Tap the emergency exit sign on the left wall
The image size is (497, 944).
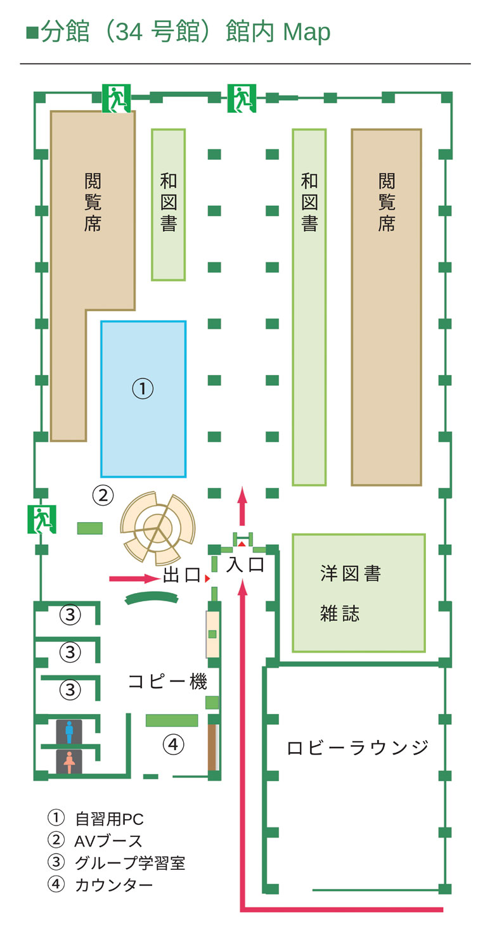[42, 520]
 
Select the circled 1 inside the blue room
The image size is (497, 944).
[143, 388]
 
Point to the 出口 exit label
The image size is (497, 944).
[181, 576]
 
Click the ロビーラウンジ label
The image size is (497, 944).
[358, 748]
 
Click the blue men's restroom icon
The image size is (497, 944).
[69, 732]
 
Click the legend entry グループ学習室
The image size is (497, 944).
[129, 862]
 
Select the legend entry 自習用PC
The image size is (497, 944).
[109, 819]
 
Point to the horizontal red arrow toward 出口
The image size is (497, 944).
[134, 578]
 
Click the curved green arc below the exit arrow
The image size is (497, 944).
[150, 597]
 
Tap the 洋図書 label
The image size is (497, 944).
[350, 574]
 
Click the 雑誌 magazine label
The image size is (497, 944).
[340, 613]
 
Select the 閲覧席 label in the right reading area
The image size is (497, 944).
[387, 203]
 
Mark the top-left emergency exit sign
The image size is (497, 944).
[116, 99]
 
